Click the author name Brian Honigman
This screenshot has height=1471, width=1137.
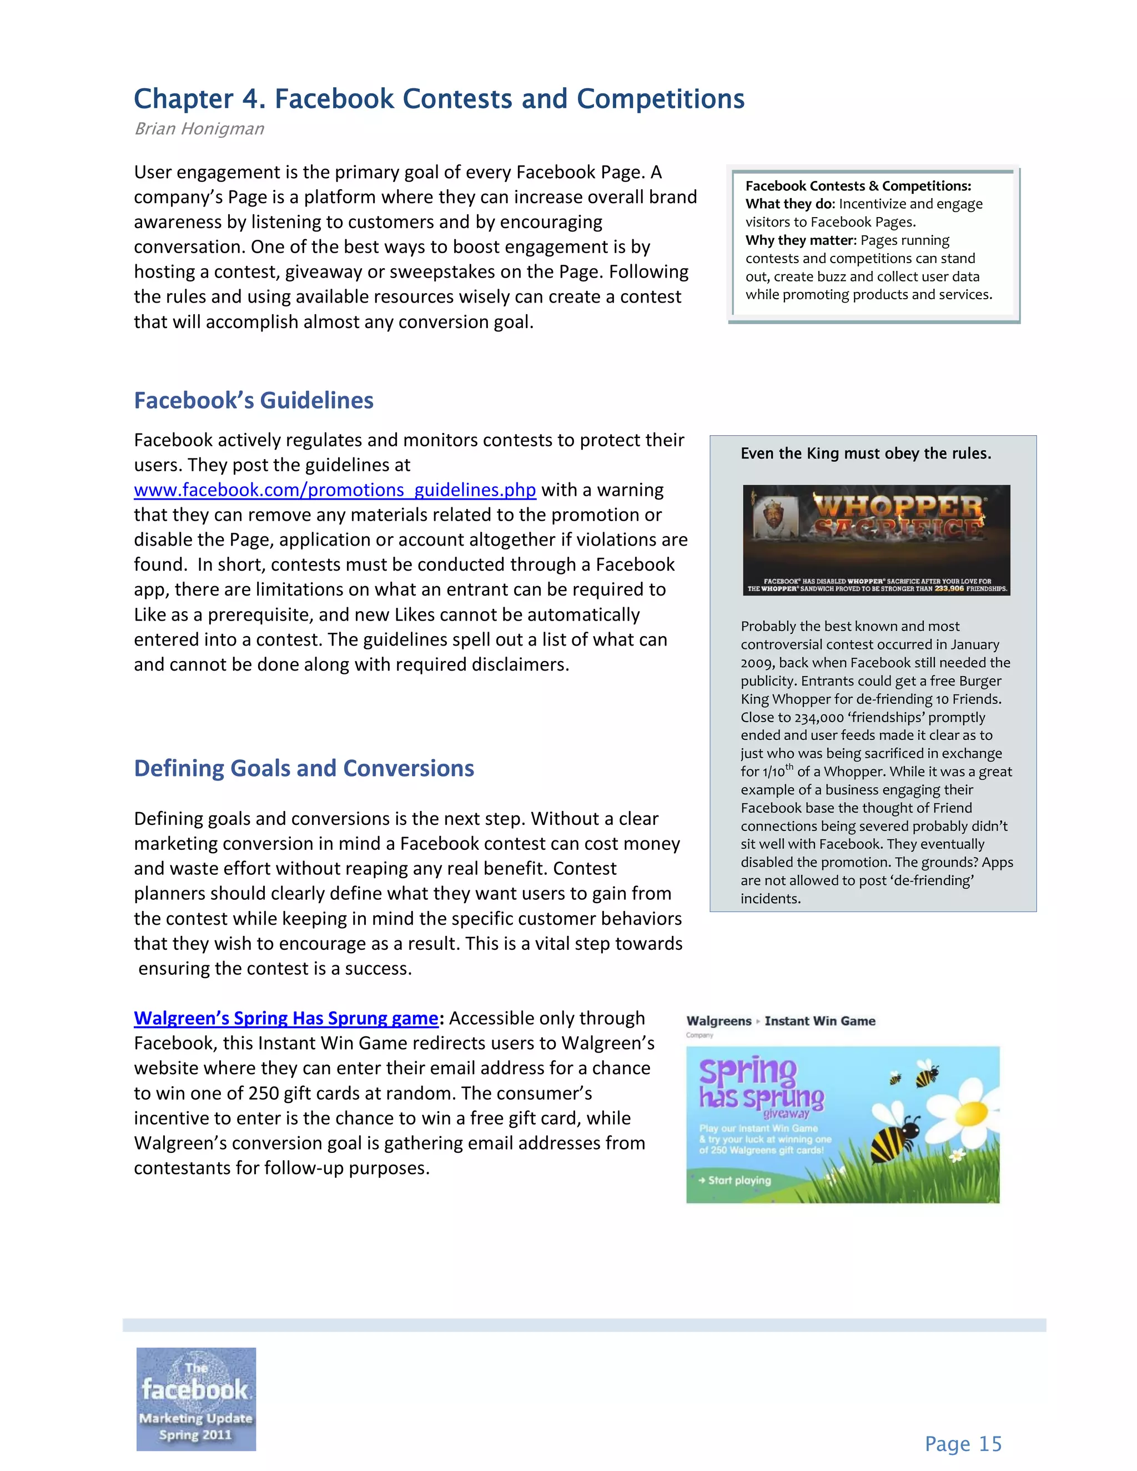199,129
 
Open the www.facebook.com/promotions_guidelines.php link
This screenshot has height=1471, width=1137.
335,490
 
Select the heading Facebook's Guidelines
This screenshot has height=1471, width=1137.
253,400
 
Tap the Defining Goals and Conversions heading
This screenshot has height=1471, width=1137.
304,768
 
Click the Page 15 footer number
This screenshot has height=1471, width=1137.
963,1443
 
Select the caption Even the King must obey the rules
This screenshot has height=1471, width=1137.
866,454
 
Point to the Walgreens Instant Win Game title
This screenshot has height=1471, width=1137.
781,1020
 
